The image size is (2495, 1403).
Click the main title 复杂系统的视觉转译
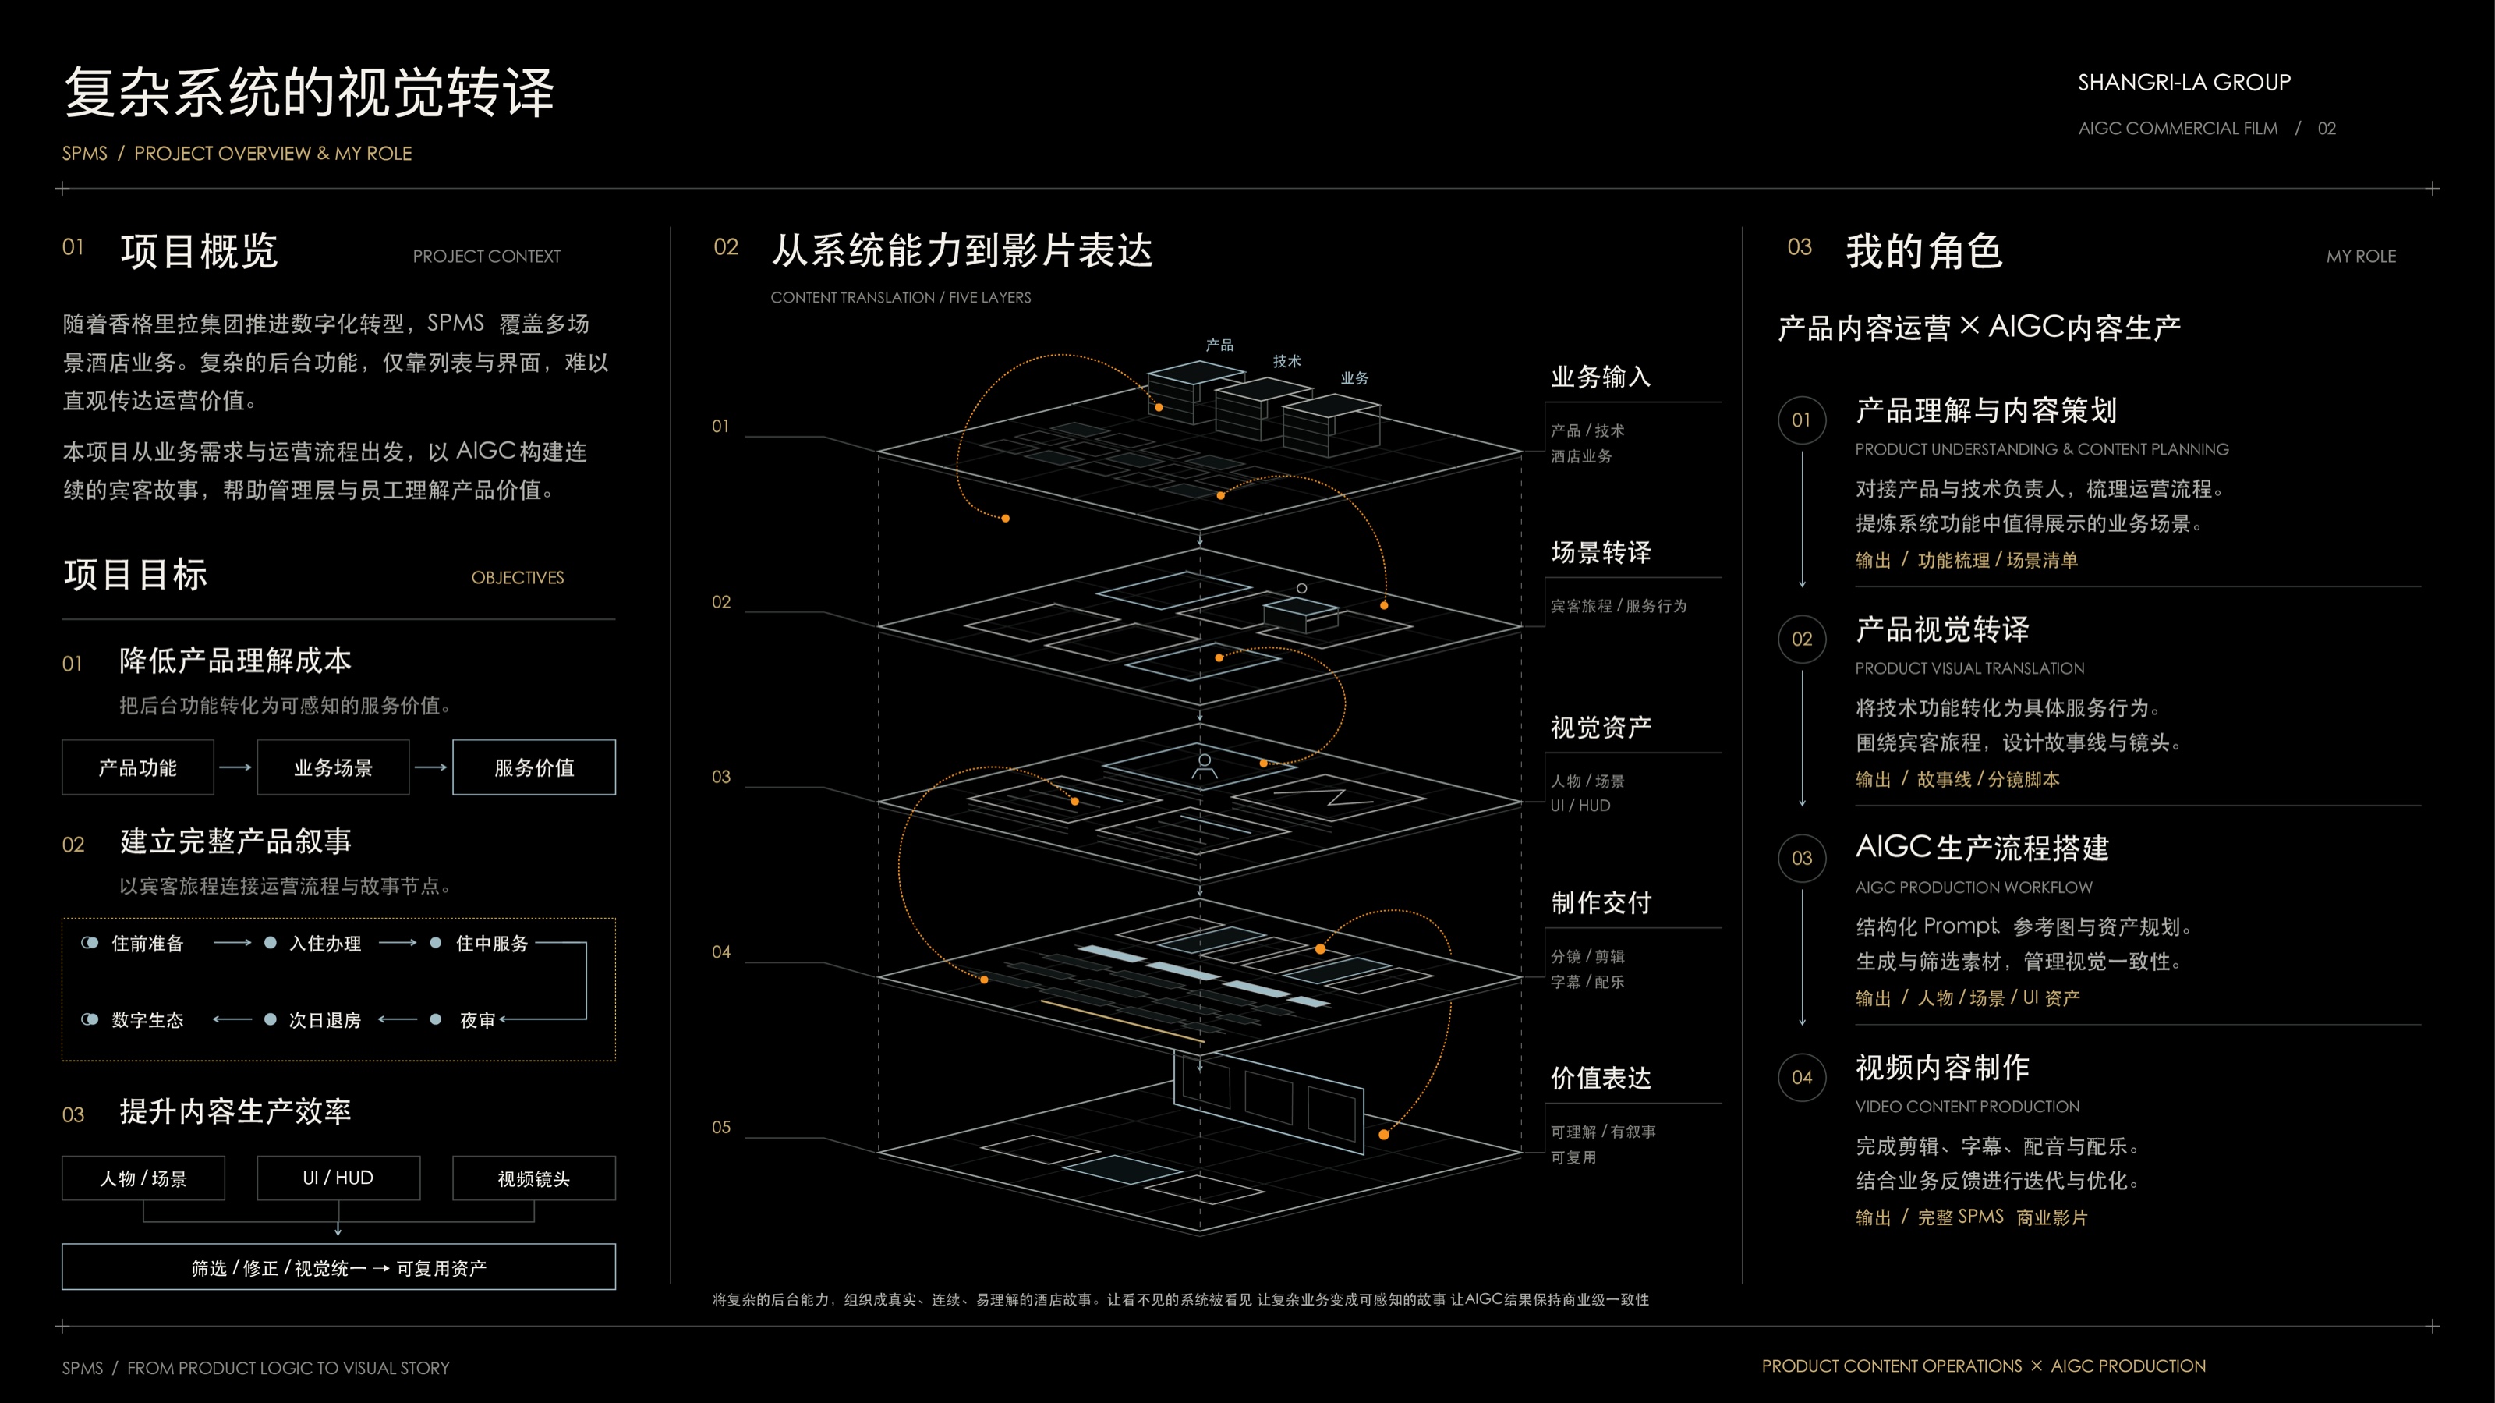click(309, 92)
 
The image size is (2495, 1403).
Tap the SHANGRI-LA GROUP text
click(2184, 83)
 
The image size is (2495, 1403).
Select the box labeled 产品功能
click(137, 767)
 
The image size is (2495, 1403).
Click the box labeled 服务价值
click(533, 767)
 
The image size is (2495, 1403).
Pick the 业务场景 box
click(333, 767)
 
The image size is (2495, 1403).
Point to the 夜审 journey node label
click(477, 1020)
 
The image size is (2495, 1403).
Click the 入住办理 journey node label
click(325, 944)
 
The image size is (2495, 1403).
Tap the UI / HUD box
click(338, 1178)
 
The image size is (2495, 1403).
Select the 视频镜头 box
click(533, 1178)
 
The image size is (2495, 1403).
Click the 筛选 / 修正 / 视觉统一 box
click(339, 1267)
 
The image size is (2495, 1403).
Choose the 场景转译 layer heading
click(1601, 552)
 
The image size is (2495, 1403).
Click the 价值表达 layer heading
click(1601, 1078)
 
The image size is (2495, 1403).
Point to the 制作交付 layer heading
click(1601, 902)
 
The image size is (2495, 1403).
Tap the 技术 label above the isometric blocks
click(1287, 361)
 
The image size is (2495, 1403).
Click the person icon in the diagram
click(1205, 765)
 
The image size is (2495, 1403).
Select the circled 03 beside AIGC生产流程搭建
click(1802, 858)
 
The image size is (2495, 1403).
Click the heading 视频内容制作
click(1942, 1067)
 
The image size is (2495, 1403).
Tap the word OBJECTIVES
click(517, 577)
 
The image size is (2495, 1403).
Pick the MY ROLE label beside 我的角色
click(2362, 257)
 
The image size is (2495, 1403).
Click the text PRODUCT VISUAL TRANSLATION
click(1969, 668)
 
